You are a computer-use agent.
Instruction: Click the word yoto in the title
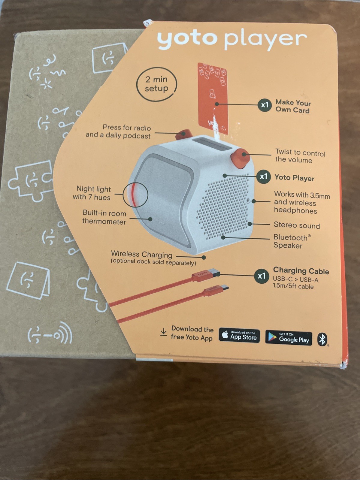coord(187,40)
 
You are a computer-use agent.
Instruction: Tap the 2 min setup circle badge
coord(156,84)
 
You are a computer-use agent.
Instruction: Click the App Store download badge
coord(239,336)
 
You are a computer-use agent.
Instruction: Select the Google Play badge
coord(289,338)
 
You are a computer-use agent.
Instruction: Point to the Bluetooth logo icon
coord(322,339)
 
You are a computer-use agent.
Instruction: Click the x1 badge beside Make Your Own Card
coord(265,105)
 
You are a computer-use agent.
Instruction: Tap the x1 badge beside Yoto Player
coord(264,177)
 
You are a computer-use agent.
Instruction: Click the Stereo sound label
coord(297,225)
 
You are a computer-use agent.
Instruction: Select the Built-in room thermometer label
coord(104,217)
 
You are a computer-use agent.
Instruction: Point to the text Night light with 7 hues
coord(93,193)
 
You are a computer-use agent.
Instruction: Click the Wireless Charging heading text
coord(142,255)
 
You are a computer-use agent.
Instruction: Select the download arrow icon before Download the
coord(163,332)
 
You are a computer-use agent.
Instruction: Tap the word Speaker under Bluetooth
coord(288,246)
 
